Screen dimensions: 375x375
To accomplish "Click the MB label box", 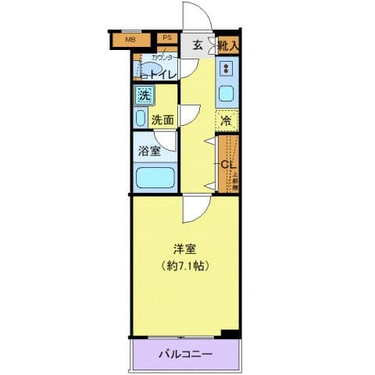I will tap(130, 37).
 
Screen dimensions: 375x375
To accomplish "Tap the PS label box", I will tap(166, 37).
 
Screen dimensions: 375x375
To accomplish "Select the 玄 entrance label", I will tap(198, 45).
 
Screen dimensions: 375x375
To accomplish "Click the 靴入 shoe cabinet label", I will tap(228, 45).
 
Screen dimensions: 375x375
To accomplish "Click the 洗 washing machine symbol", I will tap(144, 96).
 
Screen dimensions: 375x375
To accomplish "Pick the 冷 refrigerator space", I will tap(226, 121).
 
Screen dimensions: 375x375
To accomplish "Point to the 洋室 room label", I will tap(185, 249).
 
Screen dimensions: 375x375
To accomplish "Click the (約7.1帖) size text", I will tap(185, 265).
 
